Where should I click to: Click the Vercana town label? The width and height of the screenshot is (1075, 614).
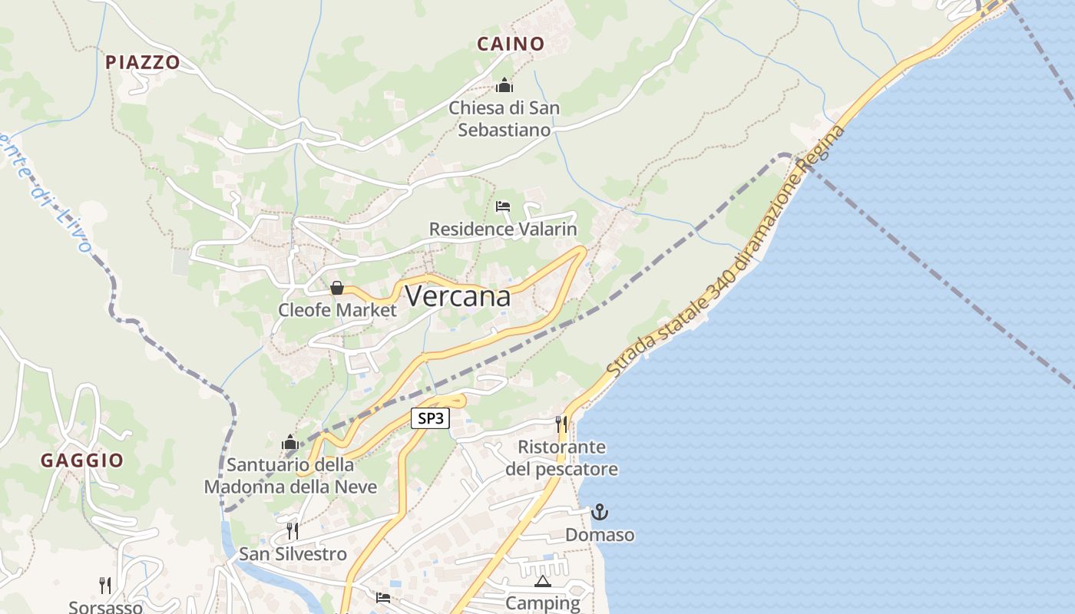point(458,296)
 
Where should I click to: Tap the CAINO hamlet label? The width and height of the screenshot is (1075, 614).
point(511,44)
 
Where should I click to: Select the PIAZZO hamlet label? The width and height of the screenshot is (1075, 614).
point(143,62)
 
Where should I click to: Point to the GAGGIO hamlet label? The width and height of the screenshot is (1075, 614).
point(82,460)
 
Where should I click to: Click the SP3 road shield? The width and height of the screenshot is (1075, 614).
point(430,418)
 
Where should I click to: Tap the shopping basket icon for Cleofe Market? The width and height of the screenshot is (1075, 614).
point(336,288)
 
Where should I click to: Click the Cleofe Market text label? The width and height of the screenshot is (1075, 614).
point(338,310)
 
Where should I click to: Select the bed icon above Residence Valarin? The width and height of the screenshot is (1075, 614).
point(503,206)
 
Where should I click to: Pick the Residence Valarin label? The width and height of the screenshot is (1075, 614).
point(503,229)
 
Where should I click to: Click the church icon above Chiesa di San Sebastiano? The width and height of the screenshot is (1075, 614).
point(504,84)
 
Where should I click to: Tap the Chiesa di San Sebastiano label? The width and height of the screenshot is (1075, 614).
point(504,119)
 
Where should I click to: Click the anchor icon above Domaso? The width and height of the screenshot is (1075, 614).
point(599,511)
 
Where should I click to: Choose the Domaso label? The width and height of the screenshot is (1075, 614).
point(600,534)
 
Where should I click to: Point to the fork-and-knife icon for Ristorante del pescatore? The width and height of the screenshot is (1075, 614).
point(561,424)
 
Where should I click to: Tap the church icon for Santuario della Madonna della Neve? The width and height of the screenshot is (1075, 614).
point(289,442)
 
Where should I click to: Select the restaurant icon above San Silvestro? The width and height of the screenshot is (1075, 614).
point(292,530)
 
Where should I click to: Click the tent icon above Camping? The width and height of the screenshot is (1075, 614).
point(543,581)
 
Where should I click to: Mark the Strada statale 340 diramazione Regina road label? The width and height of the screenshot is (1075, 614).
point(726,251)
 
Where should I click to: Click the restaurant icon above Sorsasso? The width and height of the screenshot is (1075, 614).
point(105,585)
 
